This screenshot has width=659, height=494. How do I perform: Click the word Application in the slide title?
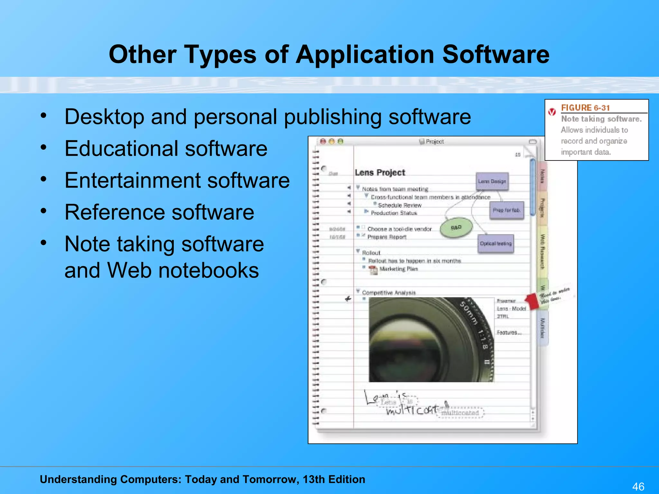point(365,54)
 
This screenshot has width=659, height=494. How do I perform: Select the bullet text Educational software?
point(166,149)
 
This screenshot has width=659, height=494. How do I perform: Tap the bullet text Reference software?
point(159,212)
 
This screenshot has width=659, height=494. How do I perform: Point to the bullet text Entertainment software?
point(177,180)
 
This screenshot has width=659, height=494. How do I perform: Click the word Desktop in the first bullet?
point(104,117)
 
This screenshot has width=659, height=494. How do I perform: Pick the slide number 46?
point(638,486)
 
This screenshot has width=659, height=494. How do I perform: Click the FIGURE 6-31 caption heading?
point(585,108)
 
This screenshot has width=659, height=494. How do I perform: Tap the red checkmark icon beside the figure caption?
point(552,112)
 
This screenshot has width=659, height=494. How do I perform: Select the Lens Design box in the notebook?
point(492,181)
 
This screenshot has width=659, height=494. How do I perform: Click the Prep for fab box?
point(506,210)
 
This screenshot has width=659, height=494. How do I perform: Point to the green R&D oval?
point(456,228)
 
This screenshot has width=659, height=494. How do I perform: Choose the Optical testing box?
point(496,243)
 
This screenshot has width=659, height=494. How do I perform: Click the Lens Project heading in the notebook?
point(380,173)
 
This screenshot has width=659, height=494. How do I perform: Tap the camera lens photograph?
point(431,340)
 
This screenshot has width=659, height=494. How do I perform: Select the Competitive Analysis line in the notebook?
point(389,293)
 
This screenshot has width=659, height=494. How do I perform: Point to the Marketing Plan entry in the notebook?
point(398,269)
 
